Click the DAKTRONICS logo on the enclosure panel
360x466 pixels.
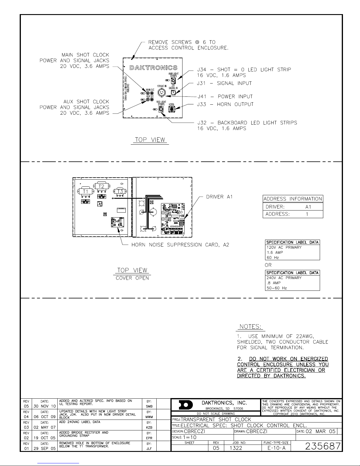153,68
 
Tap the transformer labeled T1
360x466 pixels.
86,191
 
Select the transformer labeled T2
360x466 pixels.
101,186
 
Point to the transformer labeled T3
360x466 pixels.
120,191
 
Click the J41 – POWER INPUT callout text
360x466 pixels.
225,96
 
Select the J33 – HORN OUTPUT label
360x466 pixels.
225,104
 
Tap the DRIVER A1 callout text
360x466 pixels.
219,197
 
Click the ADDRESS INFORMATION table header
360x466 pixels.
293,199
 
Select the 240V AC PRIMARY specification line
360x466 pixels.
284,278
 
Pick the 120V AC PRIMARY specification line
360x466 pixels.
284,247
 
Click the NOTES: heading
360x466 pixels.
250,327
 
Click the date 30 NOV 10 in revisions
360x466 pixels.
44,406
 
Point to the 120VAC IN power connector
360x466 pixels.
161,93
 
